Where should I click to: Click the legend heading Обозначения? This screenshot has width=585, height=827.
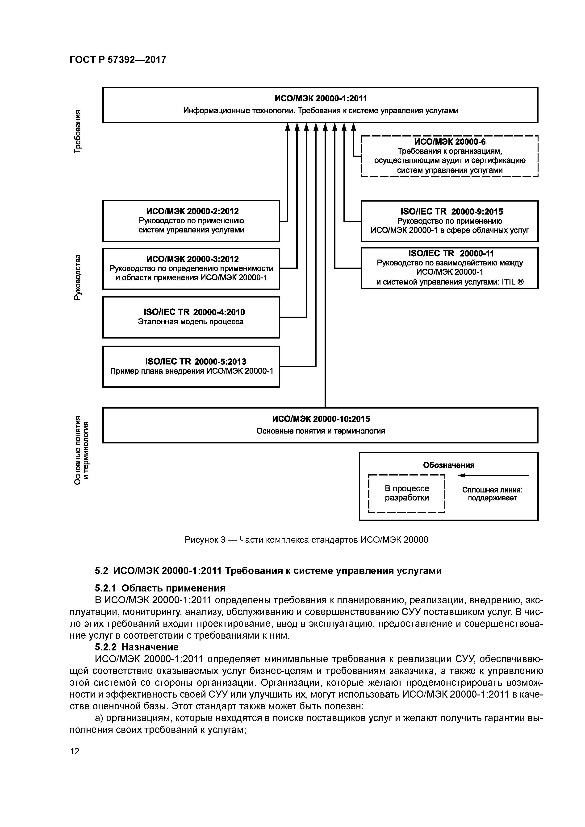(x=449, y=465)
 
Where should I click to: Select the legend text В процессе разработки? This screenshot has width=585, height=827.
(x=407, y=493)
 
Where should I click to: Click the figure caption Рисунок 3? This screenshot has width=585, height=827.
(x=306, y=540)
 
